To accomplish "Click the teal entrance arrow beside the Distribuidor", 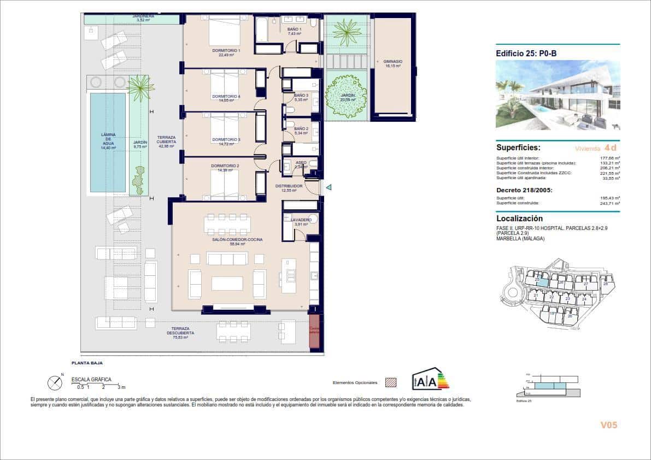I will (329, 187).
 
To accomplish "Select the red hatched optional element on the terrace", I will (314, 331).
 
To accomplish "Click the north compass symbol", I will (55, 383).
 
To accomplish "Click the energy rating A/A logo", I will (431, 379).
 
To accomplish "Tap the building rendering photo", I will (558, 95).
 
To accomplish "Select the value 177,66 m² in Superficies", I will (609, 158).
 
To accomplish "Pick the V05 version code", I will (608, 425).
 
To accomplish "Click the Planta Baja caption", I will (87, 363).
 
